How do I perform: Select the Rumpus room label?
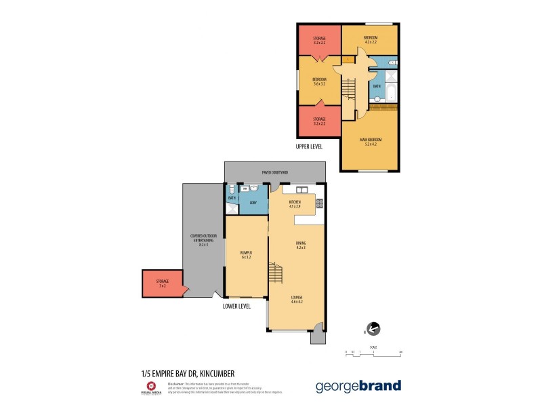coord(246,254)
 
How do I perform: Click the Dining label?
coord(301,245)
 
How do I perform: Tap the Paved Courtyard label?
coord(274,172)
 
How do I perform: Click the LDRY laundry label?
coord(253,203)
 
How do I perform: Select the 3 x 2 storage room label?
coord(162,283)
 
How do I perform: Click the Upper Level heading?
coord(309,146)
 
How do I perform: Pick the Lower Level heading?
coord(236,306)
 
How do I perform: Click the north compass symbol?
coord(372,329)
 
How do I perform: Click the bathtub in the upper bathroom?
coord(390,86)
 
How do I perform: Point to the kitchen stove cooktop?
coord(319,202)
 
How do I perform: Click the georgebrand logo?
coord(358,386)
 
